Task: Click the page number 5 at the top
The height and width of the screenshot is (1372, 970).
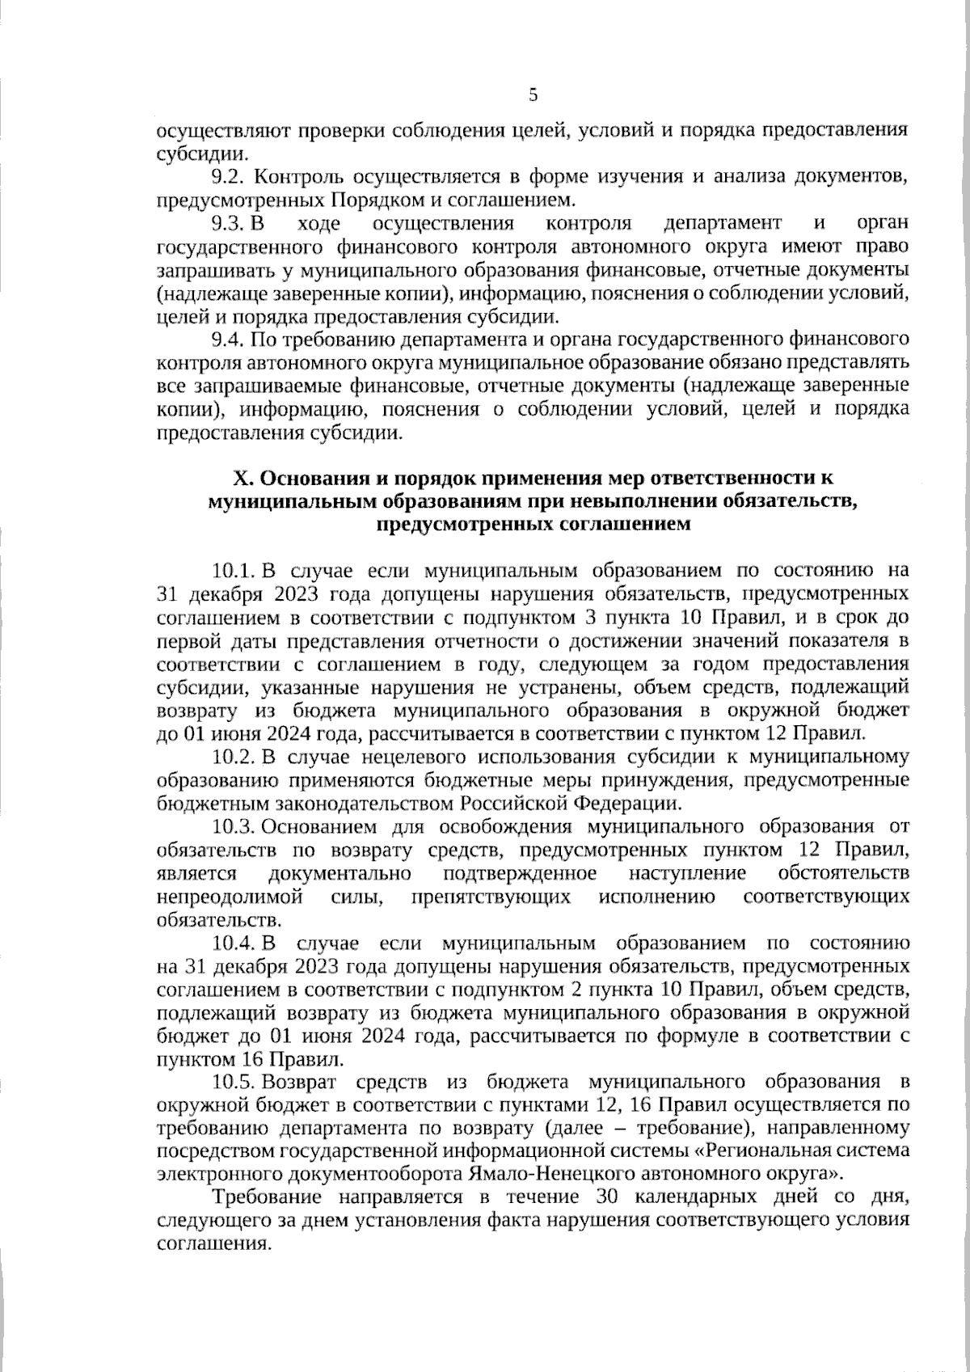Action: tap(533, 95)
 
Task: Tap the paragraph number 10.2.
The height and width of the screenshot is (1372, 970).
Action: tap(234, 758)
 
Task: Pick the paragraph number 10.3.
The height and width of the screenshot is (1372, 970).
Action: tap(234, 827)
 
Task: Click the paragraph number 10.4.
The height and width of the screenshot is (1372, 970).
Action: tap(234, 944)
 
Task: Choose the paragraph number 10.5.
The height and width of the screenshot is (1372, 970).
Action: tap(234, 1083)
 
